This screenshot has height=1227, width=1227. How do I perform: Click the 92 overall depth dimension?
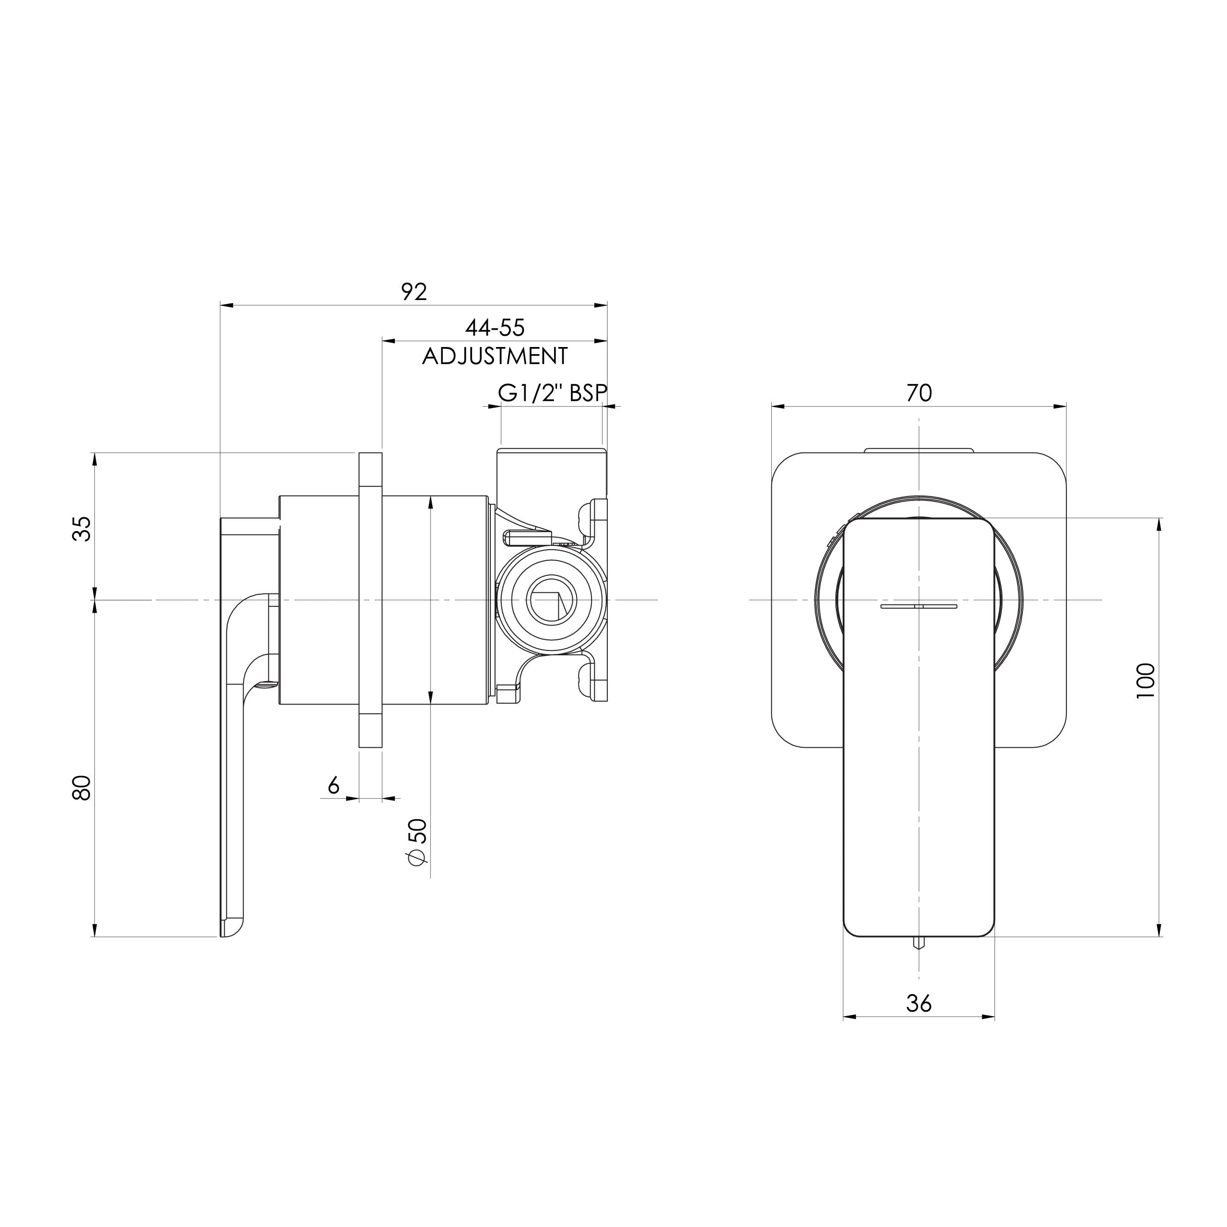(x=414, y=291)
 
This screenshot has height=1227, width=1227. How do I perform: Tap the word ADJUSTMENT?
(x=495, y=356)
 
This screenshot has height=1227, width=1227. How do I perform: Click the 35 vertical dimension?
(x=81, y=528)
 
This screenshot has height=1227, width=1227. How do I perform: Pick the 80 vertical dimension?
(x=81, y=788)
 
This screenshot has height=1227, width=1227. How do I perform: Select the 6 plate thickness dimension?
(x=334, y=786)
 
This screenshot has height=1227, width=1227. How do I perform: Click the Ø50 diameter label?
(x=417, y=842)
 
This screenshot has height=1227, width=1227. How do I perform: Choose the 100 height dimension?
(x=1145, y=681)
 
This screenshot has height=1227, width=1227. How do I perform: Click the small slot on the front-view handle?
(x=918, y=606)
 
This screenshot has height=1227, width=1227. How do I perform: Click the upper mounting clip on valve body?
(x=592, y=516)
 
